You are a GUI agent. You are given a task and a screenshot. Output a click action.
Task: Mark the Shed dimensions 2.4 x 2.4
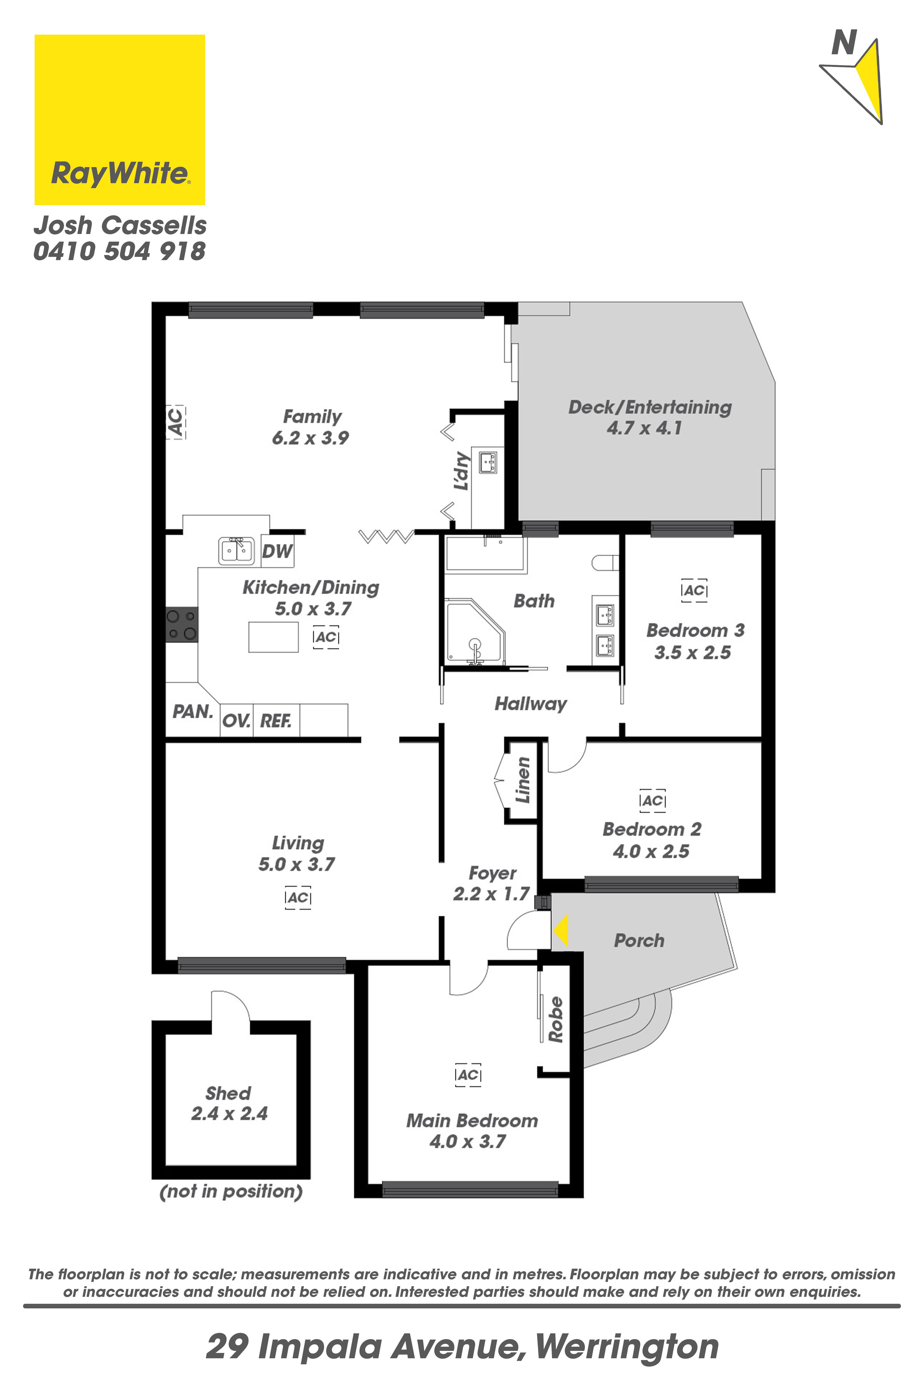[229, 1113]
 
